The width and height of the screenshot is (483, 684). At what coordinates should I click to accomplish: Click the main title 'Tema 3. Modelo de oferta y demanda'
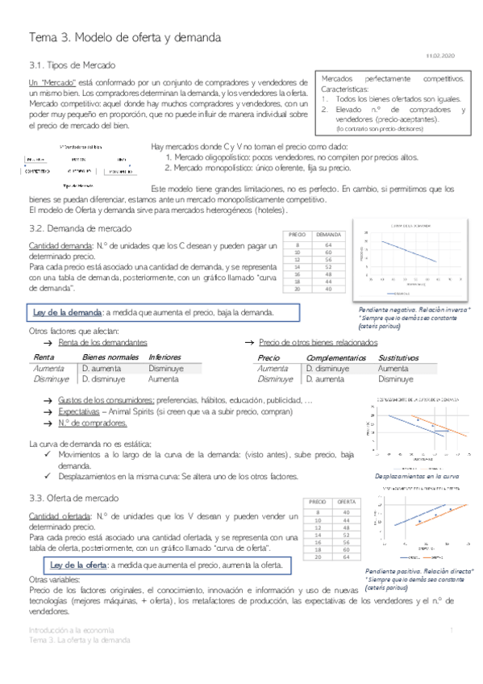tap(124, 38)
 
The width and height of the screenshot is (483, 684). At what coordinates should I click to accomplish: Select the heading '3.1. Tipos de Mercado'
tap(72, 65)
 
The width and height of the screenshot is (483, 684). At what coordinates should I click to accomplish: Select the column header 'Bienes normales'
tap(110, 357)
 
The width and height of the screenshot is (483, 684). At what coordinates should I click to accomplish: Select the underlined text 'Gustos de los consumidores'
tap(106, 399)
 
